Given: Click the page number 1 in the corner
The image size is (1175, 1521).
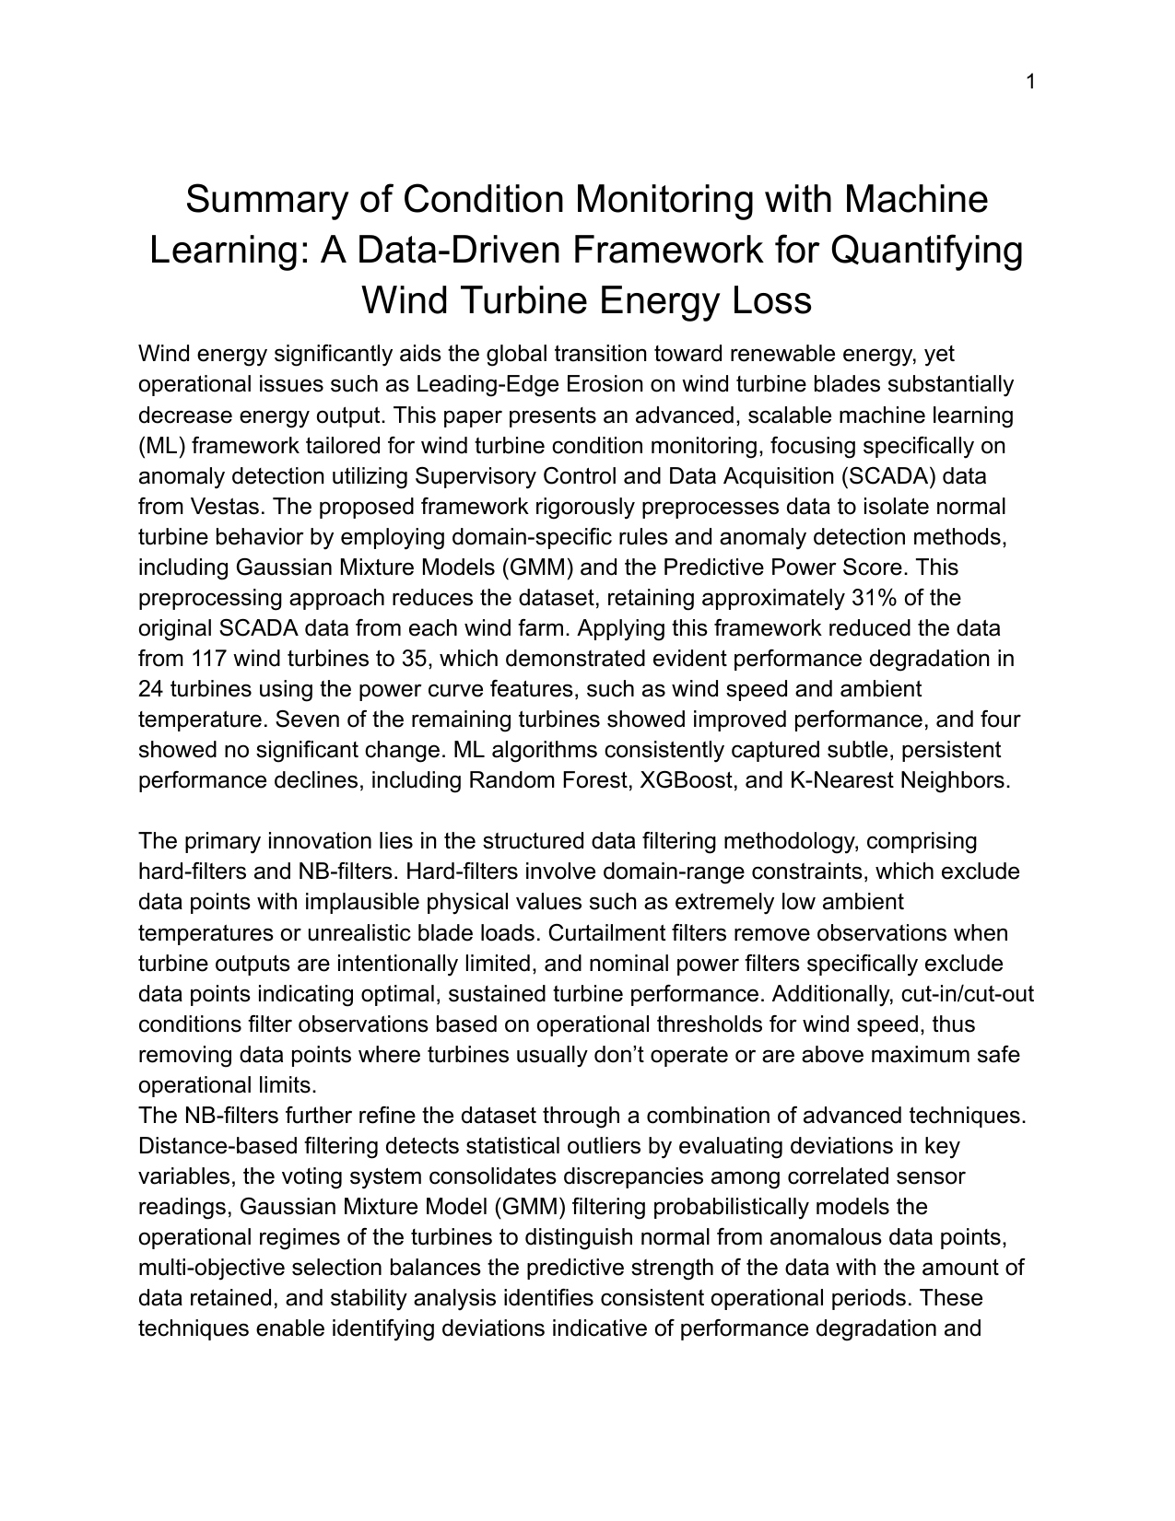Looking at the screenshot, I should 1031,82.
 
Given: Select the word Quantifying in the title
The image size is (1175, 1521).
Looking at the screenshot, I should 927,250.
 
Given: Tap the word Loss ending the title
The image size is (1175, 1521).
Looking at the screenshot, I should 769,300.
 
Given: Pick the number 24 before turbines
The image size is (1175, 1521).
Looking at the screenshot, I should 150,688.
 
